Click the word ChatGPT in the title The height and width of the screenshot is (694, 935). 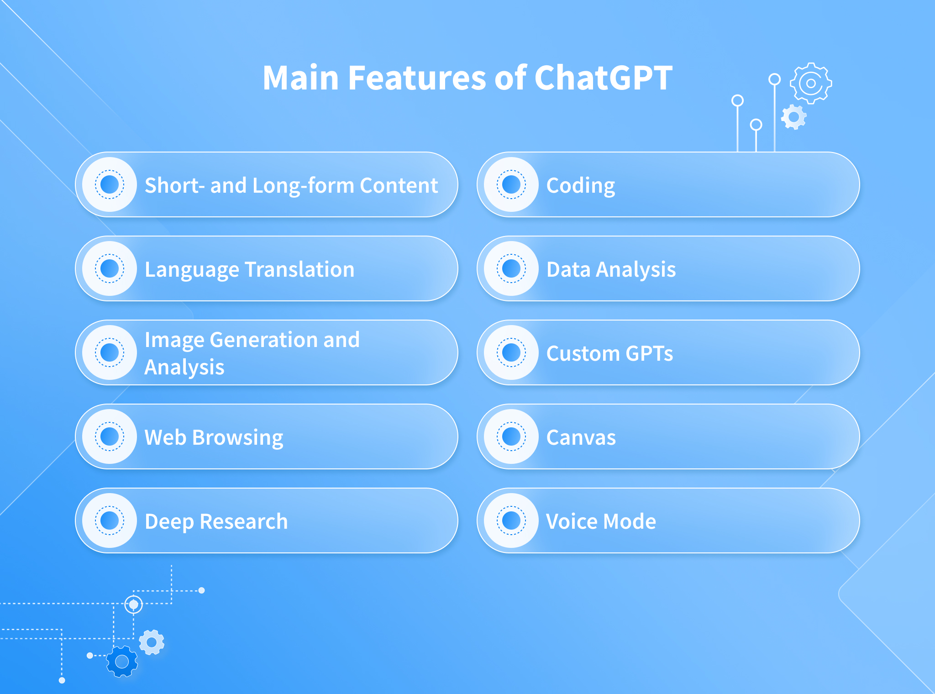coord(603,78)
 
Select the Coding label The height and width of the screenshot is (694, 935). coord(581,186)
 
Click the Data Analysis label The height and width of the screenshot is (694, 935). coord(611,270)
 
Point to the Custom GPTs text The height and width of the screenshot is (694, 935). coord(609,353)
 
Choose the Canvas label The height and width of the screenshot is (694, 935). coord(581,437)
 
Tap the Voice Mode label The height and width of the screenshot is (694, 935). coord(601,521)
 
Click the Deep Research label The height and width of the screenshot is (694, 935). coord(216,522)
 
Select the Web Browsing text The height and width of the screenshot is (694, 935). coord(214,438)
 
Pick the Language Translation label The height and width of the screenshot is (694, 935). coord(249,270)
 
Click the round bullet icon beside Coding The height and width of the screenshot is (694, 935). coord(511,184)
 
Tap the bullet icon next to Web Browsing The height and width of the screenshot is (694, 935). coord(110,436)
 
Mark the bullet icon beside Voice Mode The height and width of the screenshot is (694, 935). coord(511,520)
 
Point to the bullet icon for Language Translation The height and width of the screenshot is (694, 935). coord(110,268)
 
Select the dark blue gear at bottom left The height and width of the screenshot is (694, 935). coord(122,662)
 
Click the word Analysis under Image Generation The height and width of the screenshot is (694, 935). coord(184,368)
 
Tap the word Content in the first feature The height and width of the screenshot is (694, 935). coord(399,185)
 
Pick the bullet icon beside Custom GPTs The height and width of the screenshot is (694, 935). coord(511,352)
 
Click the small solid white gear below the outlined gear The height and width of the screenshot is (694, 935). coord(794,117)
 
